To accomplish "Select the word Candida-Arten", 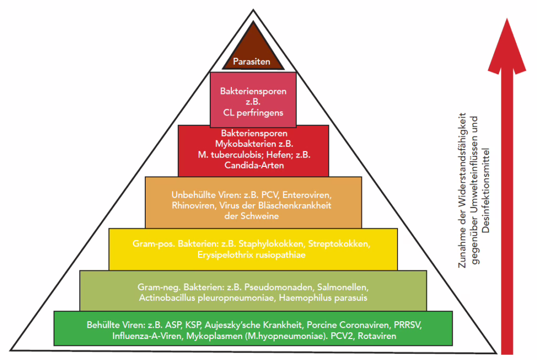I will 253,166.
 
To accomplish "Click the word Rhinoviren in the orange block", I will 192,205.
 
